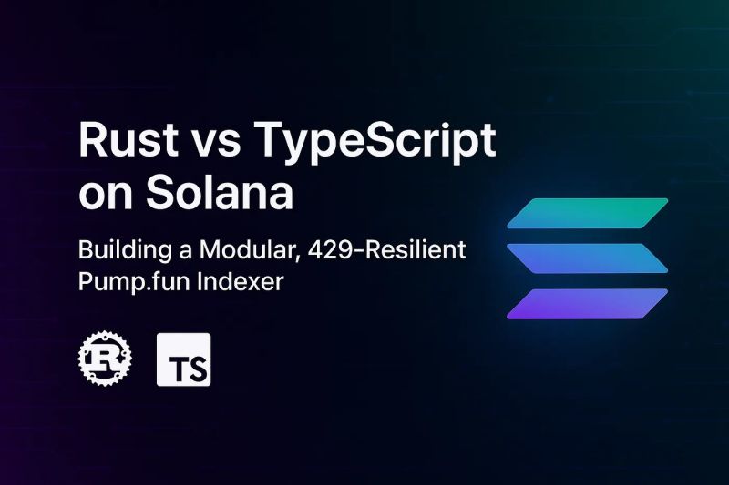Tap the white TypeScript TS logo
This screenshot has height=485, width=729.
pos(184,359)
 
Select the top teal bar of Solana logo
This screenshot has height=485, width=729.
pos(588,212)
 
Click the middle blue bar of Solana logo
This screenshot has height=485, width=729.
pos(588,258)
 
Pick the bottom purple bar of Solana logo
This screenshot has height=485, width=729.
pos(588,303)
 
